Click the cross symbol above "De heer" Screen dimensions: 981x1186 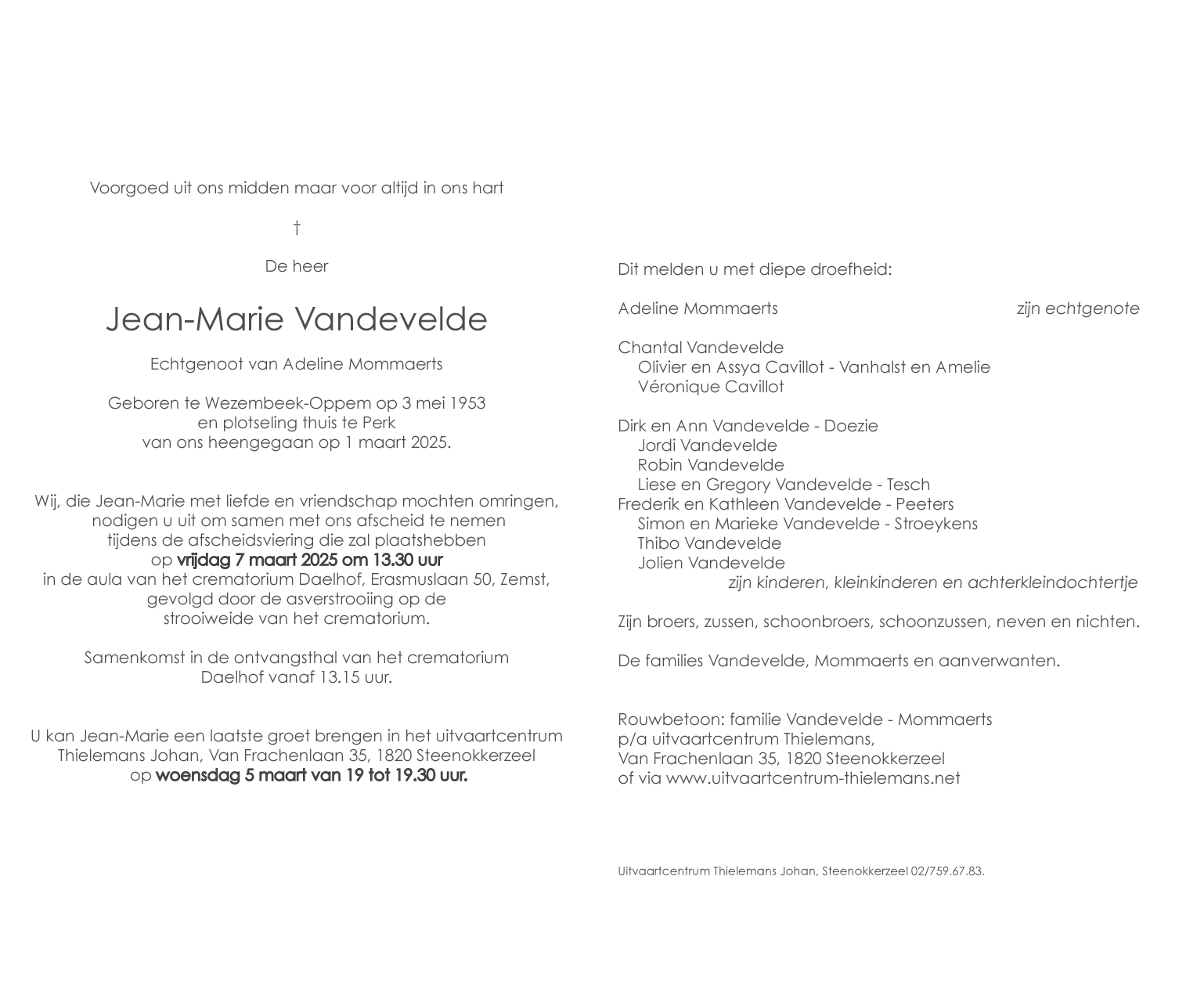point(297,228)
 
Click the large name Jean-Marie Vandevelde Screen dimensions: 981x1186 point(297,319)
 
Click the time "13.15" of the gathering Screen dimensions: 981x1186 point(339,677)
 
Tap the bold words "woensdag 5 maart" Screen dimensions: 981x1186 point(225,776)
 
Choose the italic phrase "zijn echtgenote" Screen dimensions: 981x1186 point(1077,308)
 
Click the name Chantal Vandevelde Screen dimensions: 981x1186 point(700,348)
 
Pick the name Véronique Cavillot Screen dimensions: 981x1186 point(710,387)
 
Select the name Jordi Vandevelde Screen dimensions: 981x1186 point(707,445)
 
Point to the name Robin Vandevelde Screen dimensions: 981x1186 point(710,465)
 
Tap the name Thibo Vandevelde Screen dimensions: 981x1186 point(708,543)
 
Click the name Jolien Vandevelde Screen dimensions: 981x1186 point(711,563)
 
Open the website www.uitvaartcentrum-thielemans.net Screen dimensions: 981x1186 point(813,778)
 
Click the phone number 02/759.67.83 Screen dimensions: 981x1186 point(947,871)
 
